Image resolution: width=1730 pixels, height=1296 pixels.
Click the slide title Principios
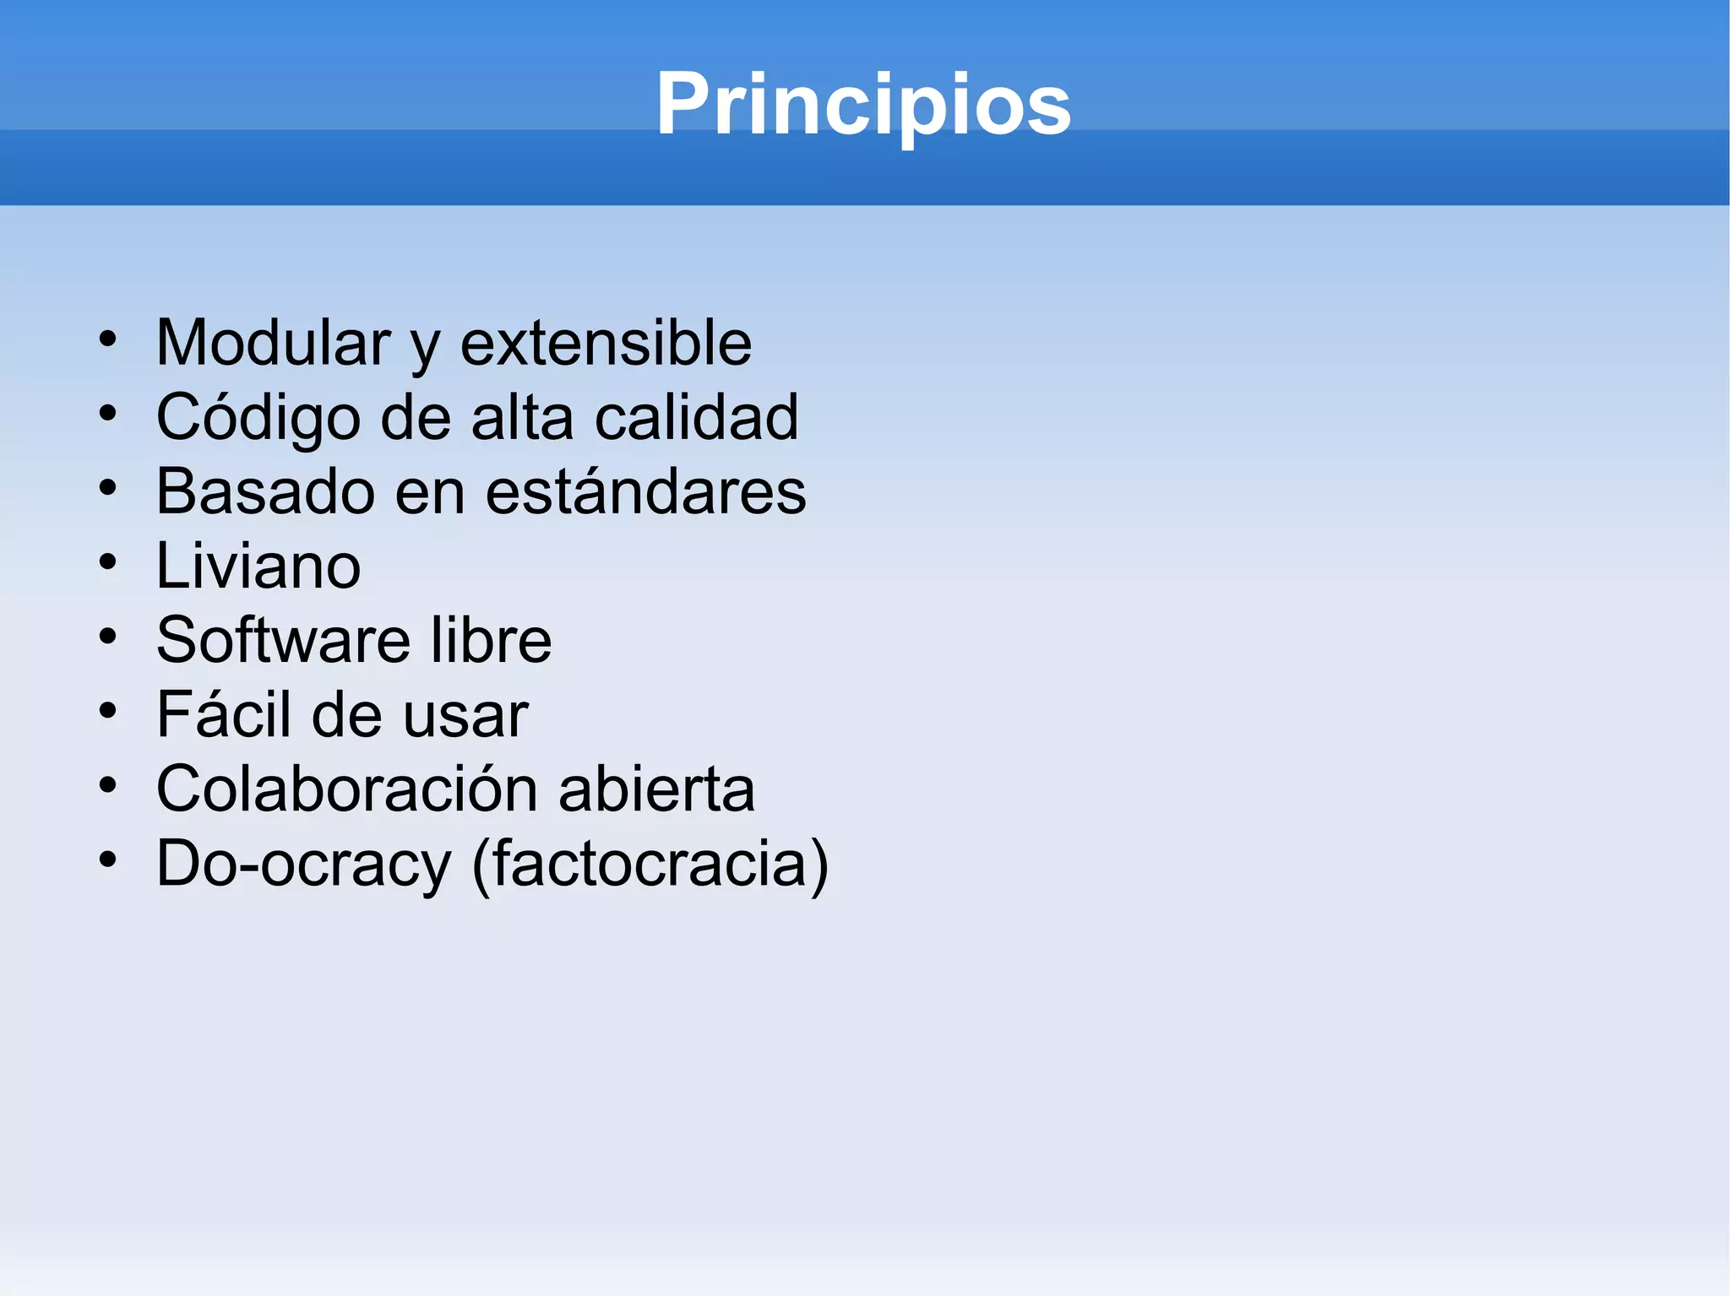tap(863, 104)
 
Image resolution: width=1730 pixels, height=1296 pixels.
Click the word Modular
tap(273, 343)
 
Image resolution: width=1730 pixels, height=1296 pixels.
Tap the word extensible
tap(606, 343)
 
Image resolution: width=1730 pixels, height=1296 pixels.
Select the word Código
tap(258, 418)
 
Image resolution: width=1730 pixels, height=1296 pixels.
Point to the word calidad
tap(696, 417)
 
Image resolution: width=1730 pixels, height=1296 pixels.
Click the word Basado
tap(265, 491)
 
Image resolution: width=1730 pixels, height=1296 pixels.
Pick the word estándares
tap(645, 491)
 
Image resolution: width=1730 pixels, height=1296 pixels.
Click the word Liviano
tap(258, 566)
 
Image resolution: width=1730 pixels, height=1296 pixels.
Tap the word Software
tap(284, 640)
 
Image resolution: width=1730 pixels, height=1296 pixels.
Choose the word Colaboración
tap(347, 789)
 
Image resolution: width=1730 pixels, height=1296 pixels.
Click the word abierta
tap(656, 789)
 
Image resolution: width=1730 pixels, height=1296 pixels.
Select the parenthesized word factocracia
tap(650, 864)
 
